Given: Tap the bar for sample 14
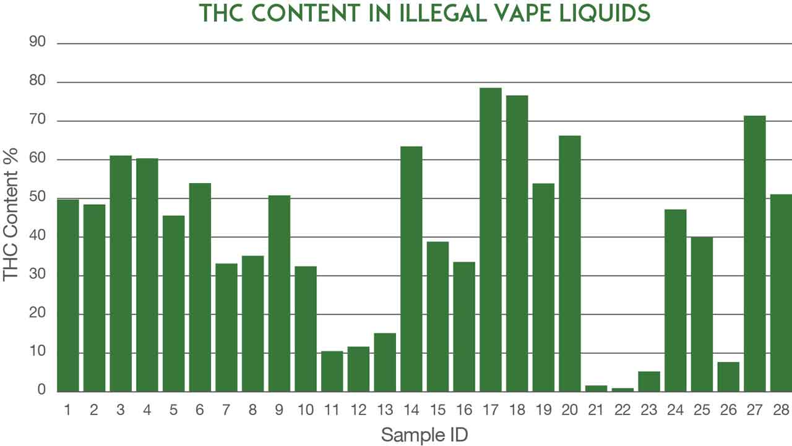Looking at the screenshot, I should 411,269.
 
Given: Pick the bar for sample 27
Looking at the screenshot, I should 755,254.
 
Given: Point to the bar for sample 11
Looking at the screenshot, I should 332,372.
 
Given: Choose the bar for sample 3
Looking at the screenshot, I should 121,273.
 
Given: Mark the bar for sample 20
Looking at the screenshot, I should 570,264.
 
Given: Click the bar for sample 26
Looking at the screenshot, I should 728,377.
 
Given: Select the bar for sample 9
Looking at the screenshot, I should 279,294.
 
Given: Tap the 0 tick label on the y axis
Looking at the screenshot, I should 42,389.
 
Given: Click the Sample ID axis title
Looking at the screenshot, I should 424,435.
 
